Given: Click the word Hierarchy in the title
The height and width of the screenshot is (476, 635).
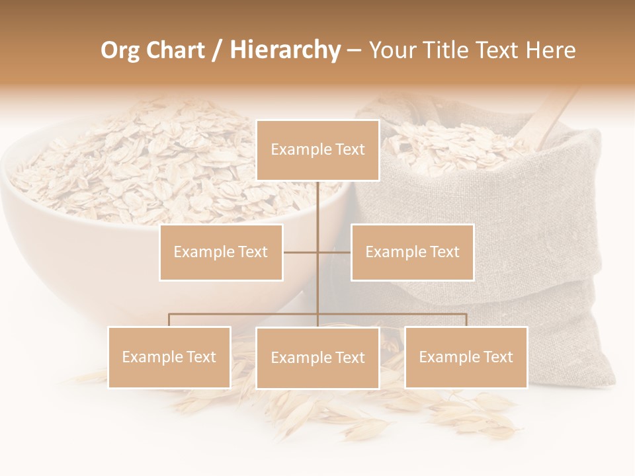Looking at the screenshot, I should coord(285,50).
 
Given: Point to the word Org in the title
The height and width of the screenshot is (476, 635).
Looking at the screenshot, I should coord(120,50).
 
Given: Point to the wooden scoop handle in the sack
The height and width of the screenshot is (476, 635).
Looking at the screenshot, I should coord(552,119).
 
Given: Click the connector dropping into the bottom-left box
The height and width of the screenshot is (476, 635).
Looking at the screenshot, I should coord(169,320).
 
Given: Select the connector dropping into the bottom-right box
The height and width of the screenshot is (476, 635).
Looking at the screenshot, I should coord(466,320).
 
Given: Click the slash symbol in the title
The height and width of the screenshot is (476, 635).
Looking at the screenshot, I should coord(217,50).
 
